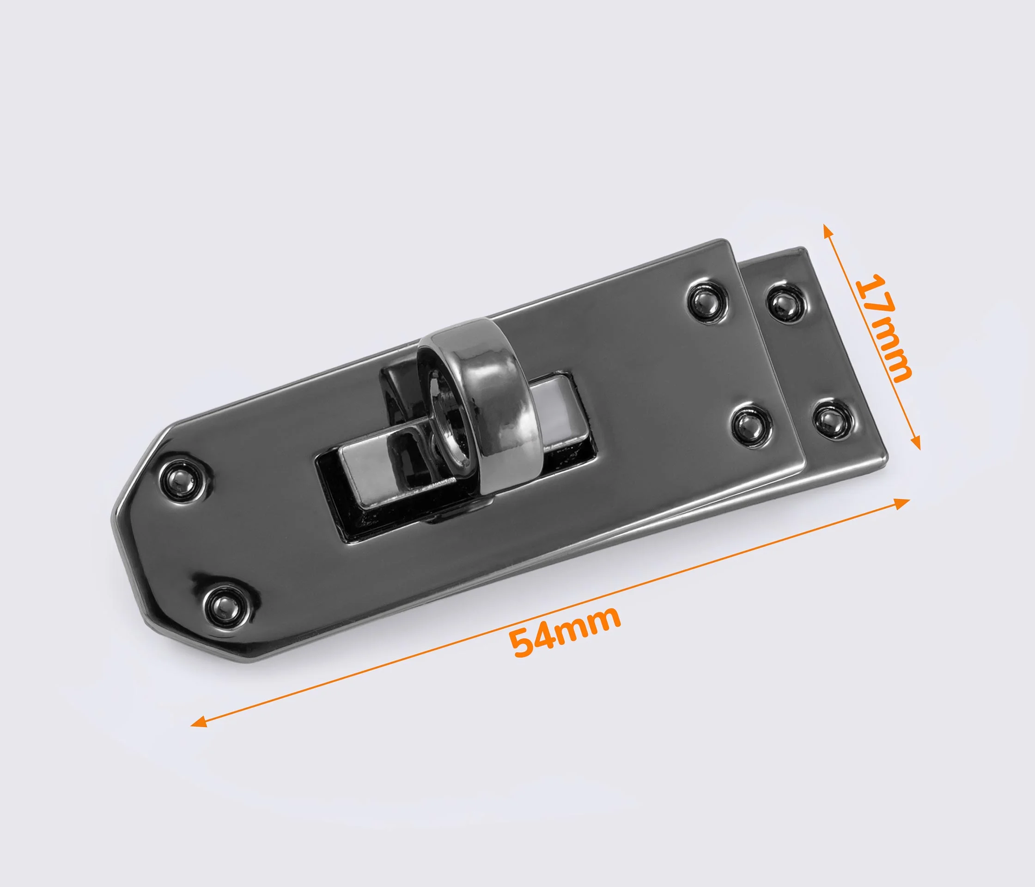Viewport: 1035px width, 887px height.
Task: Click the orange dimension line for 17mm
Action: (x=871, y=337)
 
